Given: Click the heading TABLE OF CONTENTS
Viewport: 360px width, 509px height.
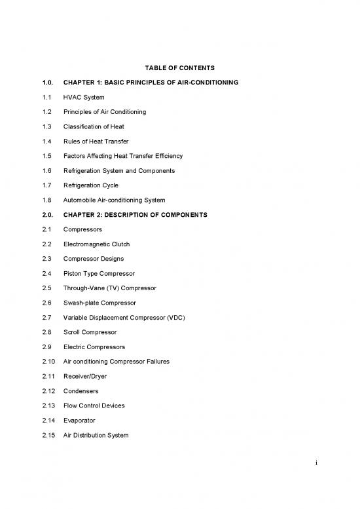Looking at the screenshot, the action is tap(179, 68).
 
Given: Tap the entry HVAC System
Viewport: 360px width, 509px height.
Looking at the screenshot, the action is tap(83, 97).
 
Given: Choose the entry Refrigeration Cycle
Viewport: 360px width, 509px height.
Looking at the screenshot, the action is tap(90, 185).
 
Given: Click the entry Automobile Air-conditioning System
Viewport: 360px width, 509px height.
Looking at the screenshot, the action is tap(114, 200).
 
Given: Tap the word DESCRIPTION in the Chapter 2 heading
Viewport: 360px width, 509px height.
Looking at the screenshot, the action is tap(135, 215).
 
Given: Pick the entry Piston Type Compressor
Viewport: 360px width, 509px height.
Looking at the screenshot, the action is tap(98, 273).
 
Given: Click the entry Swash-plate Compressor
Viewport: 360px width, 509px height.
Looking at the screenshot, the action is tap(99, 303).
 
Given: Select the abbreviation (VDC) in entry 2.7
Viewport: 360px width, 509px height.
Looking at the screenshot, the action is tap(173, 318).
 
